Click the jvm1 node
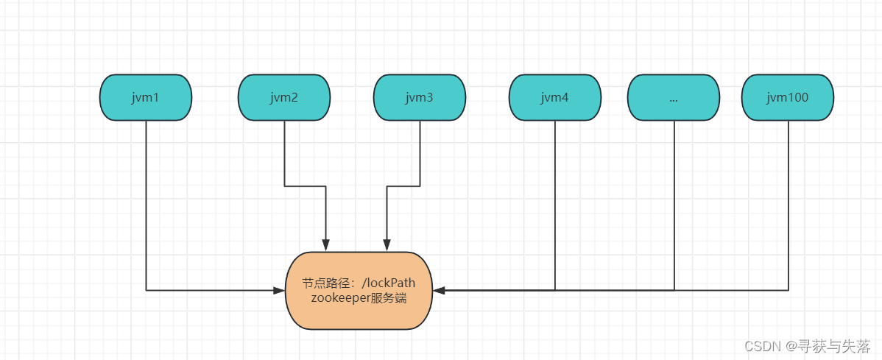tap(146, 97)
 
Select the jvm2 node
tap(284, 97)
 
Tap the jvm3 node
tap(420, 97)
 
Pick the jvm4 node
tap(554, 97)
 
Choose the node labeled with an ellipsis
tap(674, 97)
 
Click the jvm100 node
tap(788, 97)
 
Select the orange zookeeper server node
tap(359, 291)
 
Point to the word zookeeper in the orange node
tap(339, 298)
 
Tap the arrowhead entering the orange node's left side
tap(280, 291)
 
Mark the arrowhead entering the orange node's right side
tap(439, 291)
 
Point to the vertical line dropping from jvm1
tap(146, 206)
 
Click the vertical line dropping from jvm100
tap(788, 206)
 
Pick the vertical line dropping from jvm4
tap(555, 206)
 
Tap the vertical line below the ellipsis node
tap(674, 206)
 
